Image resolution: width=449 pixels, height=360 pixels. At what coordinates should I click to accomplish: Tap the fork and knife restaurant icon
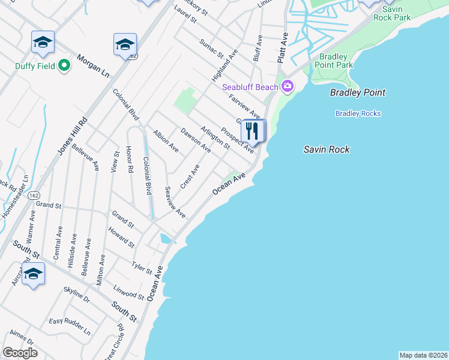(x=253, y=131)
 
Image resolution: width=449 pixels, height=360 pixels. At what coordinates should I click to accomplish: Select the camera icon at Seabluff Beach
(x=288, y=87)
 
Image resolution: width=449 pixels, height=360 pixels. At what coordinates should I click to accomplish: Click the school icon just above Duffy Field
(x=43, y=42)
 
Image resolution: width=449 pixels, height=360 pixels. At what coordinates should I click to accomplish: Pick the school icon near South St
(x=33, y=273)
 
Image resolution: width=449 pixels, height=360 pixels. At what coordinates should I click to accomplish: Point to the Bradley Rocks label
(x=358, y=113)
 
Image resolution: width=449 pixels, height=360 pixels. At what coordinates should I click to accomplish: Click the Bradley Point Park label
(x=333, y=61)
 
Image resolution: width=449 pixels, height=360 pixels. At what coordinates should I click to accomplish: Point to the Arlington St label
(x=215, y=137)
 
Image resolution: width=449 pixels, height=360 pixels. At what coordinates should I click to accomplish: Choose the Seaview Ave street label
(x=175, y=202)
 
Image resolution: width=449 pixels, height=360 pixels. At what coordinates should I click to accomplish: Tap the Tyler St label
(x=142, y=268)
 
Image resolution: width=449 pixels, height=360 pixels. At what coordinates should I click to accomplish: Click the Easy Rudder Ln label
(x=70, y=326)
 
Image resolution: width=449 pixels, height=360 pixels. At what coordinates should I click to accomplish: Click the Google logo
(x=20, y=353)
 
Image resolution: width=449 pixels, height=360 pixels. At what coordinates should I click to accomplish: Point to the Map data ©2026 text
(x=423, y=355)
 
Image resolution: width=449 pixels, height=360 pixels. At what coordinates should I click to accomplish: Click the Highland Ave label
(x=225, y=65)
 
